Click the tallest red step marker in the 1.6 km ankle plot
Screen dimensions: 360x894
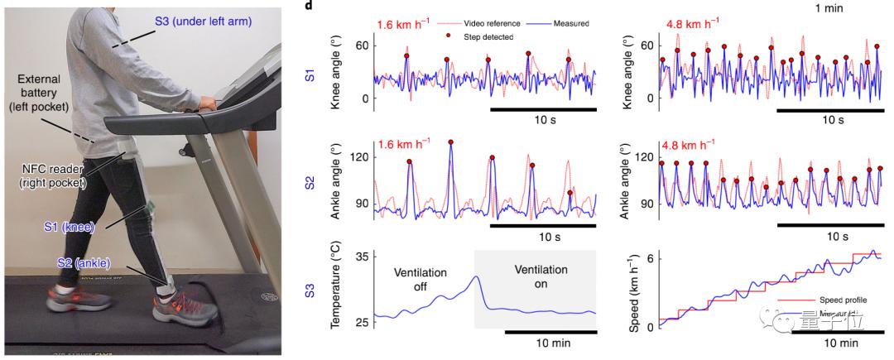450,142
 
